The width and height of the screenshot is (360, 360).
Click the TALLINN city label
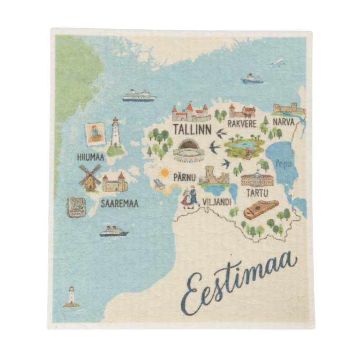pyautogui.click(x=192, y=129)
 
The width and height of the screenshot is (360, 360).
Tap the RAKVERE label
pyautogui.click(x=242, y=123)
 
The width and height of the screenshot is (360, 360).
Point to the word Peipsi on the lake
pyautogui.click(x=283, y=164)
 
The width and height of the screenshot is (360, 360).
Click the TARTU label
pyautogui.click(x=257, y=193)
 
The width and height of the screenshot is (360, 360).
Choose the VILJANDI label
pyautogui.click(x=217, y=201)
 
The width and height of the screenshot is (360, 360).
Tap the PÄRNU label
pyautogui.click(x=185, y=177)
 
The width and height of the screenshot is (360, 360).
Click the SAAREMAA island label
pyautogui.click(x=119, y=203)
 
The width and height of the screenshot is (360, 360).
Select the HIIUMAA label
pyautogui.click(x=90, y=157)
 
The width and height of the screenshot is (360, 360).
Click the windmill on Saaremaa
pyautogui.click(x=90, y=177)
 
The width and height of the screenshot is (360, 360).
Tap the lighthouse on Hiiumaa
pyautogui.click(x=116, y=135)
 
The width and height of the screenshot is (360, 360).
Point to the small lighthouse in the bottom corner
pyautogui.click(x=71, y=297)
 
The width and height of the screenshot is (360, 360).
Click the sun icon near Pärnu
pyautogui.click(x=165, y=172)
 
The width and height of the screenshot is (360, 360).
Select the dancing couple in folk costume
pyautogui.click(x=190, y=197)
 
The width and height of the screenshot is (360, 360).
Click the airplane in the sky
pyautogui.click(x=277, y=63)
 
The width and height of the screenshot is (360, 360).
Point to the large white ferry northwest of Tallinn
pyautogui.click(x=139, y=96)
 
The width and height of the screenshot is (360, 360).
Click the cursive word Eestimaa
pyautogui.click(x=238, y=281)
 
